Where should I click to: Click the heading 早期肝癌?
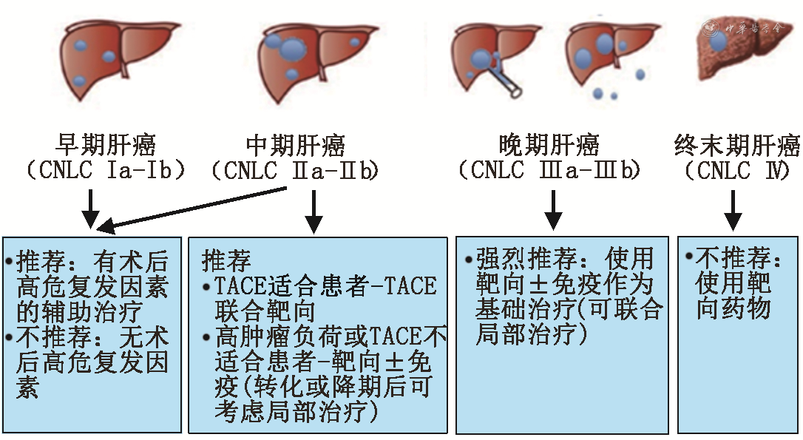[106, 146]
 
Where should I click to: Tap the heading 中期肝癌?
[295, 146]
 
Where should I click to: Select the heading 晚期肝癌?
[549, 146]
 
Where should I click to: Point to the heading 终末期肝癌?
[737, 146]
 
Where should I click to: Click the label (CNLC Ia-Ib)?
[106, 172]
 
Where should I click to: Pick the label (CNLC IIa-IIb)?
[295, 172]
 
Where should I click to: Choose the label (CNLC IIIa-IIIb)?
[549, 172]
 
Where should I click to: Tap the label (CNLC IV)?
[737, 172]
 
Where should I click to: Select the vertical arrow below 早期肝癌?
[90, 209]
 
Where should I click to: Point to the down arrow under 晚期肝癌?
[552, 209]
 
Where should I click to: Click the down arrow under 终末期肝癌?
[733, 209]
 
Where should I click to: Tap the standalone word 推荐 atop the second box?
[226, 260]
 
